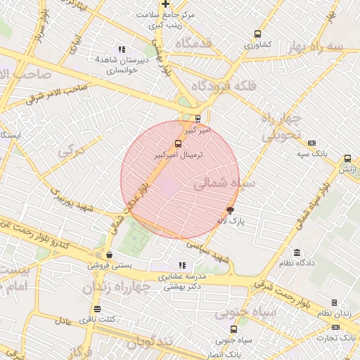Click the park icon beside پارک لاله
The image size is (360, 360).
[230, 210]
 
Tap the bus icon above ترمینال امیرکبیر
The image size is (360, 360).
[177, 144]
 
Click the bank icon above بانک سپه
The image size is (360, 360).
[311, 143]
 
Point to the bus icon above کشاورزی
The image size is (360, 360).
[257, 34]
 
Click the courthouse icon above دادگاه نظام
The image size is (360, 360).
[297, 252]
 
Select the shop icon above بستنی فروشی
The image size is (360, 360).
[109, 255]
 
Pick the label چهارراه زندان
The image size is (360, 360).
[121, 288]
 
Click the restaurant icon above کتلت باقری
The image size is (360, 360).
[97, 309]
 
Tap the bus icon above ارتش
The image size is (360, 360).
[347, 159]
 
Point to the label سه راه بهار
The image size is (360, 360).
[323, 46]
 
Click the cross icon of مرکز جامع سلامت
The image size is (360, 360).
[165, 4]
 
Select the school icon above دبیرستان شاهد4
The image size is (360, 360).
[122, 50]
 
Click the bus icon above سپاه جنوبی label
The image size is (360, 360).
[233, 329]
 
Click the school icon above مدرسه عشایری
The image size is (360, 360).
[182, 266]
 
